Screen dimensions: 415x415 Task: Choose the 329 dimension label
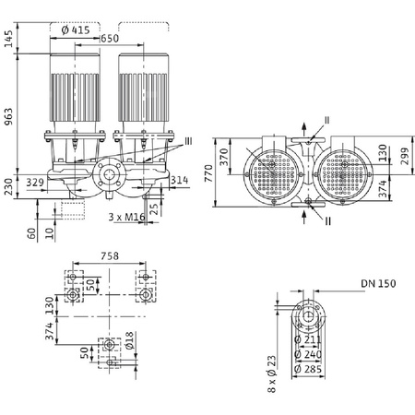coord(35,184)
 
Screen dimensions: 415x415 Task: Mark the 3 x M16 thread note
coord(124,217)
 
